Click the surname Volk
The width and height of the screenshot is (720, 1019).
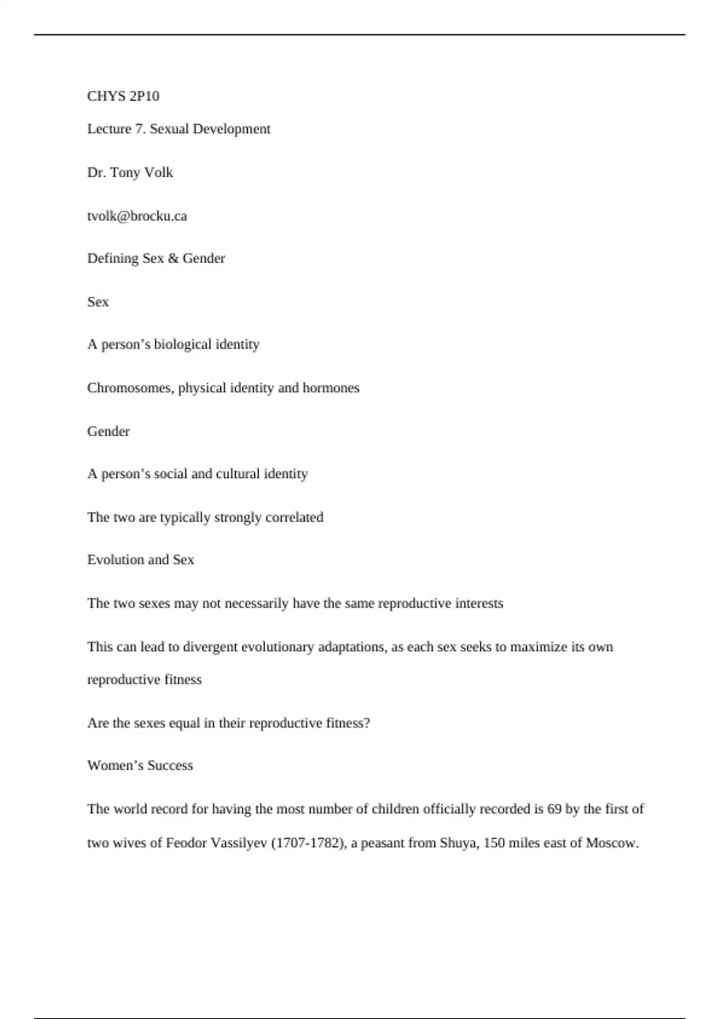click(x=158, y=173)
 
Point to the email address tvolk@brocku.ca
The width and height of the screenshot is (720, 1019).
click(x=137, y=216)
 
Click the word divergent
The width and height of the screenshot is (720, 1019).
click(x=210, y=647)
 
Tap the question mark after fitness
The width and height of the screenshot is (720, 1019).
click(x=367, y=723)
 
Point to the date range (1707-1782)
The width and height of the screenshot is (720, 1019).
click(x=308, y=843)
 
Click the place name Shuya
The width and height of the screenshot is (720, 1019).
click(x=458, y=843)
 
